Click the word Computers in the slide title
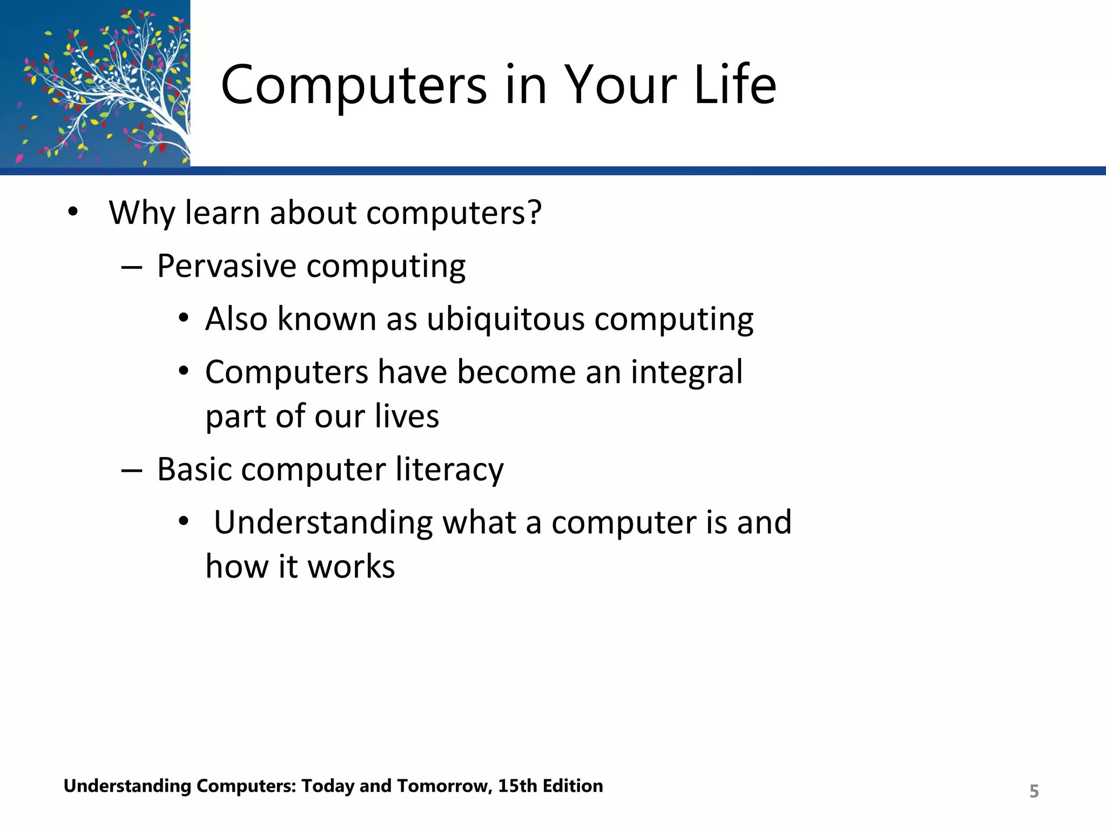point(354,85)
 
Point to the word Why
point(141,213)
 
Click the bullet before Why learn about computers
point(73,212)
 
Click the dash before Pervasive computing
point(132,267)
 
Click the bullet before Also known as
point(184,318)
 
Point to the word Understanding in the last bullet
point(323,522)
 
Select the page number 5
point(1034,791)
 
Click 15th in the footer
point(517,786)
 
